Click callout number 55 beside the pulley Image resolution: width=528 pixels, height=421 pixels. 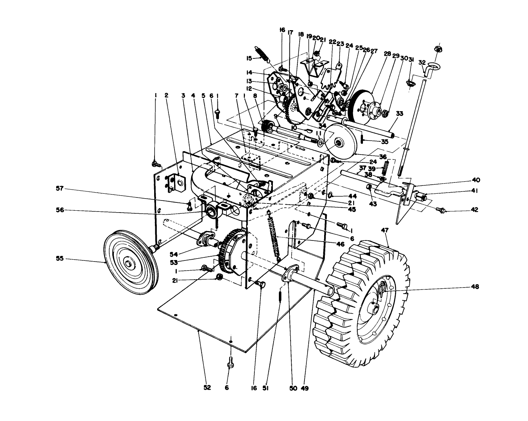click(60, 259)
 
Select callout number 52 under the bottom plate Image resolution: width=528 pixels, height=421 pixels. click(207, 387)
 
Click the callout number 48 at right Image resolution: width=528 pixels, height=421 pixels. click(474, 287)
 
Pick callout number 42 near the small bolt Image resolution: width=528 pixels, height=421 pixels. click(474, 210)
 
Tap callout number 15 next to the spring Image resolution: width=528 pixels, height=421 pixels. click(249, 58)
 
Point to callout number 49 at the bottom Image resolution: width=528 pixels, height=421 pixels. click(305, 387)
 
